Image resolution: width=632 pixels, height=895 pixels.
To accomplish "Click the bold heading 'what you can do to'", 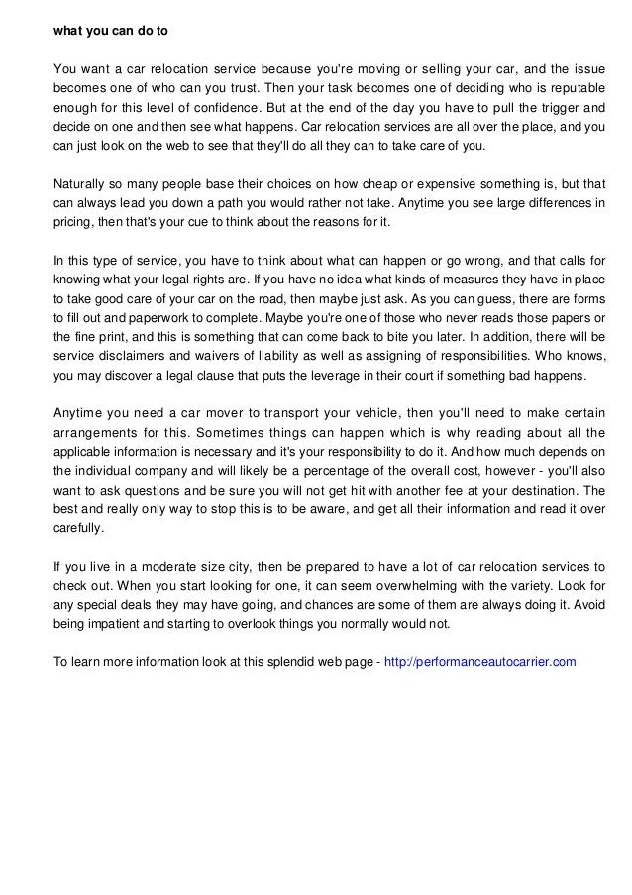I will point(111,31).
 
